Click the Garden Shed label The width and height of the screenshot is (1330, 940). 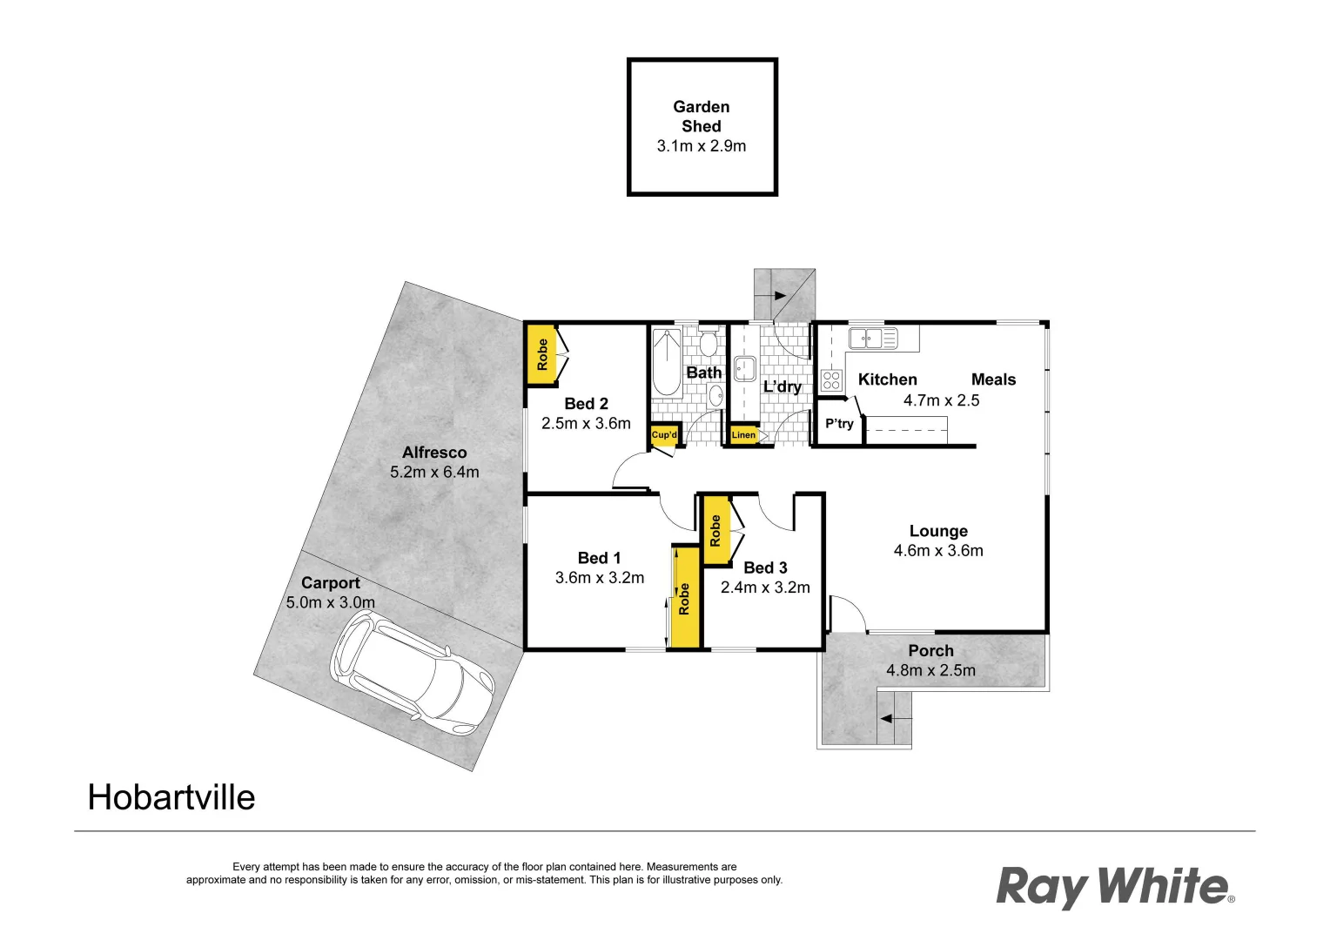[701, 117]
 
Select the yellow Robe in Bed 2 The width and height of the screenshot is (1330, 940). [541, 354]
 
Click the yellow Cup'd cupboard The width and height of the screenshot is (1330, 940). [664, 435]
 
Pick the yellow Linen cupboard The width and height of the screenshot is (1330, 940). [743, 435]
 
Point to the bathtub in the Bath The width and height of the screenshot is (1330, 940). [667, 361]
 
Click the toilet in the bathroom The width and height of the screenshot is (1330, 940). [708, 344]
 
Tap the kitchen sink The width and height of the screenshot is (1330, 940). [872, 339]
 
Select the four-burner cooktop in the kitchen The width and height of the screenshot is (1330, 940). [831, 380]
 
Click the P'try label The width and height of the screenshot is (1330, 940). [839, 424]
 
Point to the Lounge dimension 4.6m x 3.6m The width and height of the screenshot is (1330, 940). [938, 551]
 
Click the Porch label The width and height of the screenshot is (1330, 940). [930, 651]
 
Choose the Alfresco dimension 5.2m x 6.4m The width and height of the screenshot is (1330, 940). [434, 473]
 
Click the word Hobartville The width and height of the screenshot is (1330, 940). [171, 798]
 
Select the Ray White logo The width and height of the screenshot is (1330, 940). [1115, 887]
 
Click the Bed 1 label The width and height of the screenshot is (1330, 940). [599, 559]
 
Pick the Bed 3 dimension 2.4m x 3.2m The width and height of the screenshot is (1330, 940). [765, 587]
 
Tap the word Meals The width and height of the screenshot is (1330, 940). [993, 379]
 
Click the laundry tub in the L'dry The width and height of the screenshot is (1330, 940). [744, 368]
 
